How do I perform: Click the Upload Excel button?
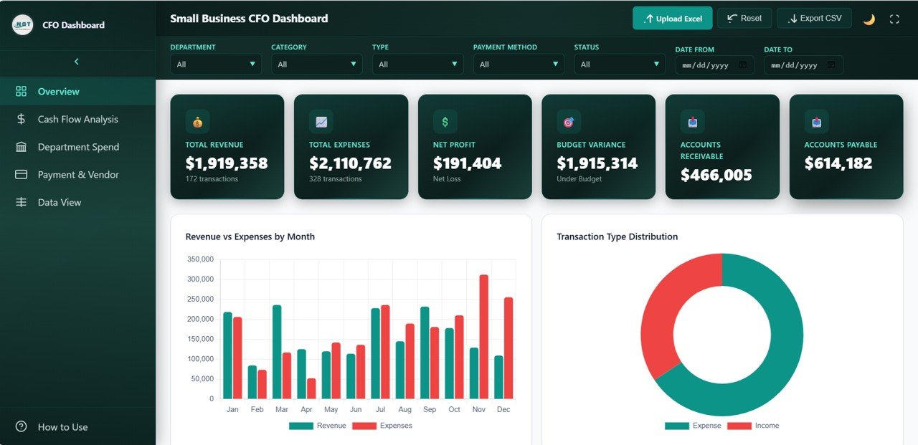[x=672, y=19]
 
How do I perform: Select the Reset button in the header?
[x=744, y=18]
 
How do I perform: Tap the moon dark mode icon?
[x=869, y=19]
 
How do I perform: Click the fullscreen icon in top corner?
[x=894, y=19]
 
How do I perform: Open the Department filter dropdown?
[x=215, y=64]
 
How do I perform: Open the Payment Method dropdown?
[x=518, y=64]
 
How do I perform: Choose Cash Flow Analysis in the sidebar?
[x=77, y=119]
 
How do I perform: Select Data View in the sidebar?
[x=60, y=202]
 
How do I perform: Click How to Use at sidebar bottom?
[x=62, y=427]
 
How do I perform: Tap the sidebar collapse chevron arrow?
[x=77, y=62]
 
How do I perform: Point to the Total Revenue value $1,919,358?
[x=226, y=163]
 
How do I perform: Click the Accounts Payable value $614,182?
[x=838, y=163]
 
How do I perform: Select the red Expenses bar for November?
[x=483, y=337]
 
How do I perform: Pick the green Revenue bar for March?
[x=277, y=351]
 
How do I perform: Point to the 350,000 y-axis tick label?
[x=200, y=259]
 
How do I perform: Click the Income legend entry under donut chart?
[x=758, y=426]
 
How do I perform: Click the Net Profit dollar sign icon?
[x=445, y=122]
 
